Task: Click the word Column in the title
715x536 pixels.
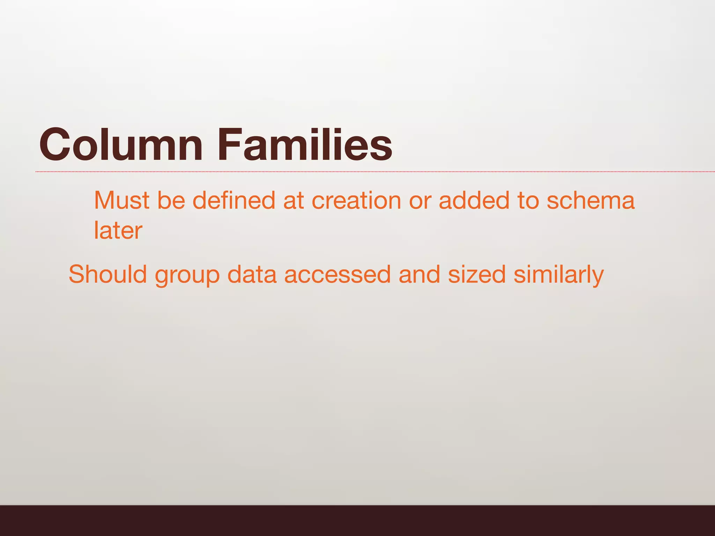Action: (x=121, y=144)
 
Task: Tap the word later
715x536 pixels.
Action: (x=118, y=231)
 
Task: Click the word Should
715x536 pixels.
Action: (x=108, y=274)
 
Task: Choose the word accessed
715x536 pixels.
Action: (x=337, y=274)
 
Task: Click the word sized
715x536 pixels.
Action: (x=477, y=274)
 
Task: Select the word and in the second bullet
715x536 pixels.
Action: (x=419, y=274)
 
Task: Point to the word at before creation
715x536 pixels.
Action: (x=293, y=201)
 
